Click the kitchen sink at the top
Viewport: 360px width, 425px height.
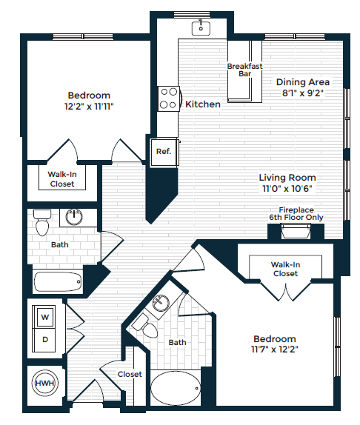tap(201, 28)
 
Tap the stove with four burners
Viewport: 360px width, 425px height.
tap(169, 98)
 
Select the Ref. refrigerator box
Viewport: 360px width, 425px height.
tap(164, 152)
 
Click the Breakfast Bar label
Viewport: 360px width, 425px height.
tap(240, 70)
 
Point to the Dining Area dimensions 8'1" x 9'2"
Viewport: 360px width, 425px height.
tap(303, 93)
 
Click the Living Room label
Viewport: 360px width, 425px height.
tap(287, 178)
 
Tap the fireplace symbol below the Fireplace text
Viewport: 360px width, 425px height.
tap(296, 232)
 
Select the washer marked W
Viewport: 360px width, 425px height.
tap(44, 318)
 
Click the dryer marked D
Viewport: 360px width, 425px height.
tap(44, 340)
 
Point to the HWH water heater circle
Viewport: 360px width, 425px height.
tap(44, 385)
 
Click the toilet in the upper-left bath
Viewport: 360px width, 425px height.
tap(41, 220)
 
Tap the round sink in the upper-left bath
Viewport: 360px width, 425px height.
tap(74, 218)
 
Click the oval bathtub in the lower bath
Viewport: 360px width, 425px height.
tap(175, 387)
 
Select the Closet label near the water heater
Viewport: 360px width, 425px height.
tap(130, 375)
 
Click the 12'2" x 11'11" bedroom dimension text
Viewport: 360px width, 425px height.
tap(89, 107)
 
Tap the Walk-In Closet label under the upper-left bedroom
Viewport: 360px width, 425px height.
tap(61, 179)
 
